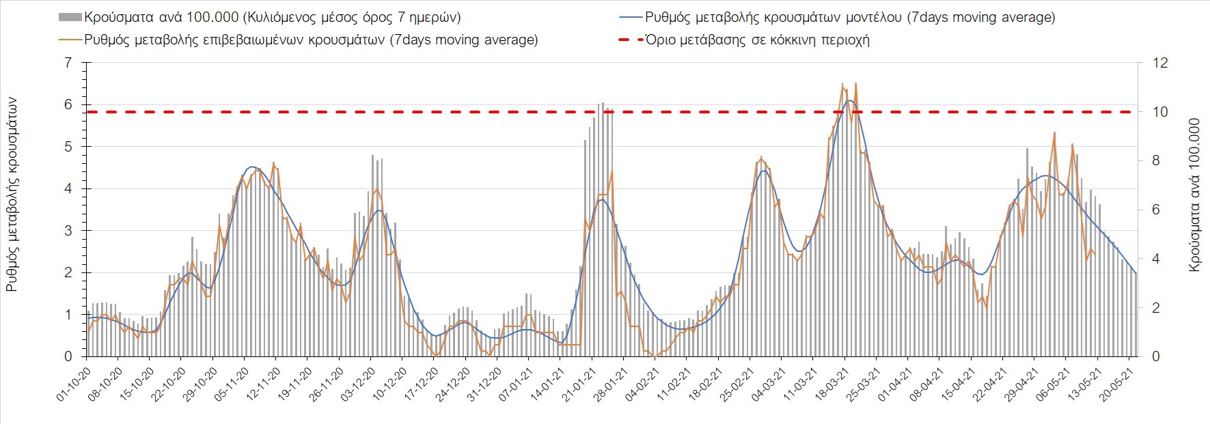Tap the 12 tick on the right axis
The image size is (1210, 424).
point(1160,63)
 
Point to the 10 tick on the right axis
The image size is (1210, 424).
point(1160,112)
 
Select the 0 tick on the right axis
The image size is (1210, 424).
point(1156,356)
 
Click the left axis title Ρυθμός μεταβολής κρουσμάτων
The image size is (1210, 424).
point(12,195)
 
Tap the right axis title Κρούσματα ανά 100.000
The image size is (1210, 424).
point(1194,195)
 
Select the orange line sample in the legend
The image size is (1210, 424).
point(70,40)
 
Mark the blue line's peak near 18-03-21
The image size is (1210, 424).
point(849,101)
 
